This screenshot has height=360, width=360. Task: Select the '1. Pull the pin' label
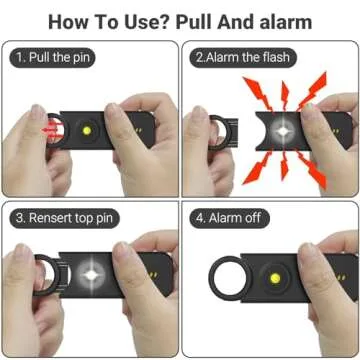coord(59,58)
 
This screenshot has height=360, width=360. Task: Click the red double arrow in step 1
coord(50,129)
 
